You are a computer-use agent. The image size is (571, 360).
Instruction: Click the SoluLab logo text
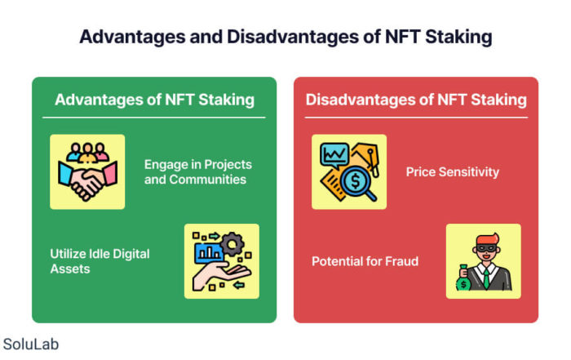click(x=31, y=344)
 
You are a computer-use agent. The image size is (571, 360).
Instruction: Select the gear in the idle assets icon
click(x=232, y=244)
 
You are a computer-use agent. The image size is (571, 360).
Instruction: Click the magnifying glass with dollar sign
click(x=357, y=183)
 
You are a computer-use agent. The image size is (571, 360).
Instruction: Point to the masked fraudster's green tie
click(x=486, y=278)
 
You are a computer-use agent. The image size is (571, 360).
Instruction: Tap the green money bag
click(x=463, y=278)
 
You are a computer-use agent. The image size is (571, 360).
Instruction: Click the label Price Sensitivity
click(x=452, y=172)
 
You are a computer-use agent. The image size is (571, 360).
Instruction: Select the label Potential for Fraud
click(x=365, y=261)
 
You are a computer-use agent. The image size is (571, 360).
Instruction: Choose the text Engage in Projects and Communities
click(x=197, y=172)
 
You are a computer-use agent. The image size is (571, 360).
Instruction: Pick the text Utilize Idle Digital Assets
click(x=100, y=261)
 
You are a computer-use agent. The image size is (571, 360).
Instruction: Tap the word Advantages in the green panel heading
click(x=99, y=100)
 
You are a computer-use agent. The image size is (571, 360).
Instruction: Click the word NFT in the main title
click(x=402, y=37)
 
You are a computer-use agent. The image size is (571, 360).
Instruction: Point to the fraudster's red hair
click(x=487, y=239)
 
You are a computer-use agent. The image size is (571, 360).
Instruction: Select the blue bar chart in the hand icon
click(x=210, y=252)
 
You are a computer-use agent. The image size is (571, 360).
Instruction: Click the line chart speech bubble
click(x=334, y=155)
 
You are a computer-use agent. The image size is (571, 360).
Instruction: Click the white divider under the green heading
click(x=153, y=118)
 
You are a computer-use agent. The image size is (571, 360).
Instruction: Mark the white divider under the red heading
click(x=416, y=118)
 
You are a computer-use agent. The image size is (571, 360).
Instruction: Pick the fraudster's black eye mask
click(x=486, y=248)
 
